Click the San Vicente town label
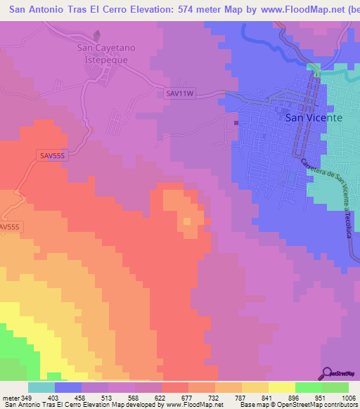point(314,118)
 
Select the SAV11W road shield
point(179,92)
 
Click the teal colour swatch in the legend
point(41,387)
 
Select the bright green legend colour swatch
point(309,387)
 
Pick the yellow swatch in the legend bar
point(282,387)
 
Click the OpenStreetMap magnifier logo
point(326,374)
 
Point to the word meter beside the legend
point(10,396)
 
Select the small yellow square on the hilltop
point(187,222)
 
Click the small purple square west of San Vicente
point(236,123)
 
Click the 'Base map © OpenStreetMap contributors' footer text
point(298,405)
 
